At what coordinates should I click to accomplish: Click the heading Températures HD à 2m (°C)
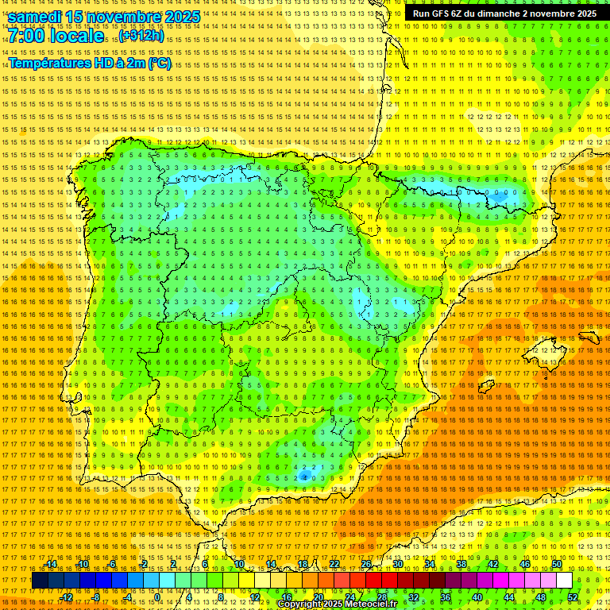click(x=90, y=63)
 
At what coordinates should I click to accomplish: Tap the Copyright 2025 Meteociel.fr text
click(x=337, y=604)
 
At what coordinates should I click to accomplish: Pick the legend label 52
click(x=573, y=597)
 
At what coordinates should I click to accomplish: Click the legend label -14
click(x=51, y=565)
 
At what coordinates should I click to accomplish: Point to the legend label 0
click(x=157, y=597)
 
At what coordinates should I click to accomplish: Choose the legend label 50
click(x=557, y=565)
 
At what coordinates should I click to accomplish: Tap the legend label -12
click(x=67, y=597)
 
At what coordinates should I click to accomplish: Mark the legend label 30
click(x=398, y=565)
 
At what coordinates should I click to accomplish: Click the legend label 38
click(x=461, y=565)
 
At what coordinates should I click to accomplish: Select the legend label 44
click(x=509, y=597)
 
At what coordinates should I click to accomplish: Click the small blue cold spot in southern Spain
click(x=304, y=476)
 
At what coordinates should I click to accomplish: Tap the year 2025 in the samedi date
click(x=179, y=17)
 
